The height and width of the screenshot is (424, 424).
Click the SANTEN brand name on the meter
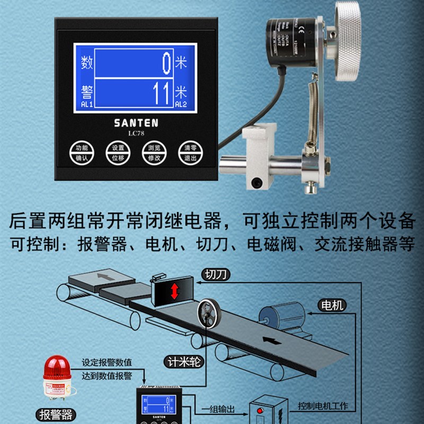point(136,122)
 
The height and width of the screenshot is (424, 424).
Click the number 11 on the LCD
point(161,94)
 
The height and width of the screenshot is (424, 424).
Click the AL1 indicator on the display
point(87,105)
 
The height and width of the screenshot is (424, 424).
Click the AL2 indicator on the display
point(181,105)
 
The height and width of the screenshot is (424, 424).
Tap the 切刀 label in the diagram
point(216,275)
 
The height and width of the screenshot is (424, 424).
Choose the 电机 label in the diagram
point(332,305)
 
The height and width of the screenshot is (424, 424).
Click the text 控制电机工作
point(323,406)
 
